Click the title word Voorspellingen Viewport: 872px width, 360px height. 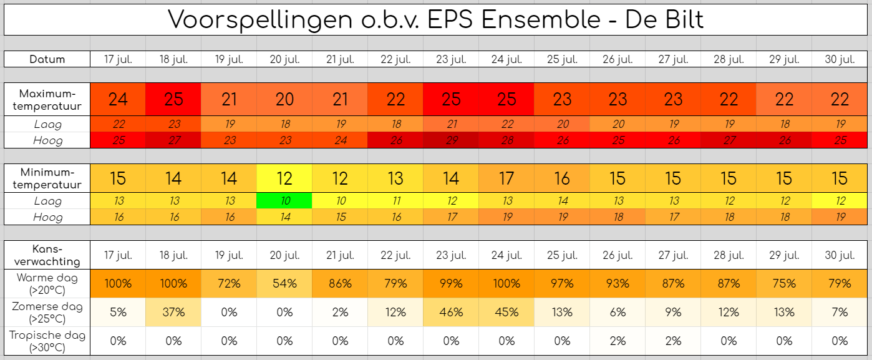(x=260, y=20)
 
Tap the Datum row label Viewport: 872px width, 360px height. (x=47, y=59)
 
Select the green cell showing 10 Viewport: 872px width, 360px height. (x=284, y=201)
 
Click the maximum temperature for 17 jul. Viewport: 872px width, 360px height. (x=118, y=99)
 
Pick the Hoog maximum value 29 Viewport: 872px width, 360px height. (x=451, y=140)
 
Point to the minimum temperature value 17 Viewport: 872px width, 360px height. (x=506, y=178)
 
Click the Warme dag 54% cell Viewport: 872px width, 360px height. (x=284, y=283)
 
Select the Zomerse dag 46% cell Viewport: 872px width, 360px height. (x=451, y=312)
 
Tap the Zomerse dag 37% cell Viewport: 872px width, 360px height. (x=173, y=312)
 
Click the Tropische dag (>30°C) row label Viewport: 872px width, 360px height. (x=47, y=341)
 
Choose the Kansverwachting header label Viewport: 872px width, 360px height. (x=47, y=255)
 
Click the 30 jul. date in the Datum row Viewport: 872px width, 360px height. (x=840, y=59)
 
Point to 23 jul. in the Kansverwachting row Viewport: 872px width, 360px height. (x=451, y=255)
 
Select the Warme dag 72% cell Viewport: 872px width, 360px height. (x=229, y=283)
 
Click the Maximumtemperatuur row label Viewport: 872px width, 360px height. (x=47, y=100)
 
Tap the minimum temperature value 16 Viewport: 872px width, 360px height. (x=562, y=178)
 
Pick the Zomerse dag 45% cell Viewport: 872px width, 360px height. (x=506, y=312)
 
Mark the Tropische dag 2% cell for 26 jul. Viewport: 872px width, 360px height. (x=618, y=341)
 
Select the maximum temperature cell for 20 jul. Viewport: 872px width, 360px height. (x=284, y=99)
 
